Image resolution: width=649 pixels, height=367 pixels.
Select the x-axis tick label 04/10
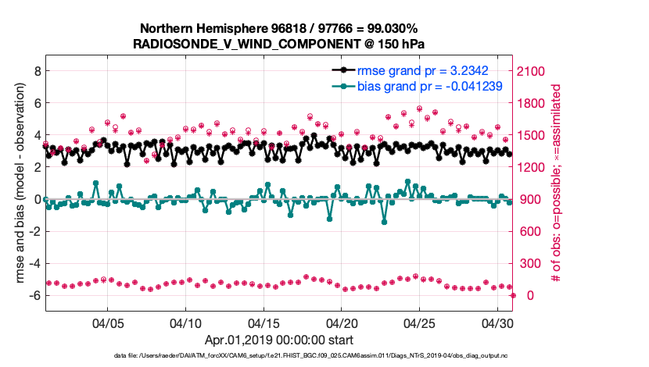coord(185,322)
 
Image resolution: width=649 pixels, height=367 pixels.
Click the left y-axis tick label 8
coord(35,71)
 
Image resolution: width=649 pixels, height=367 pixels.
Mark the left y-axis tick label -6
coord(33,296)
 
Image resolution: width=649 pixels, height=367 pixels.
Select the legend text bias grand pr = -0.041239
coord(429,86)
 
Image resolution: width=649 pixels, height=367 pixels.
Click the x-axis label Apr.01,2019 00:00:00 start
coord(279,340)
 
